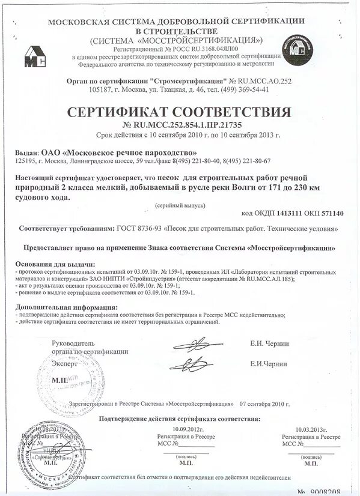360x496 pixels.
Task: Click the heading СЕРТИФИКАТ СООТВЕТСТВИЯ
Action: (x=178, y=112)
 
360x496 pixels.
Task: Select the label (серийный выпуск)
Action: (x=180, y=205)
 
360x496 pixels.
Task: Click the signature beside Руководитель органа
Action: (x=190, y=344)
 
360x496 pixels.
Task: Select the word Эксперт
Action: (x=64, y=364)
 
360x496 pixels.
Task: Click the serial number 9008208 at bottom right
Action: (x=327, y=491)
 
